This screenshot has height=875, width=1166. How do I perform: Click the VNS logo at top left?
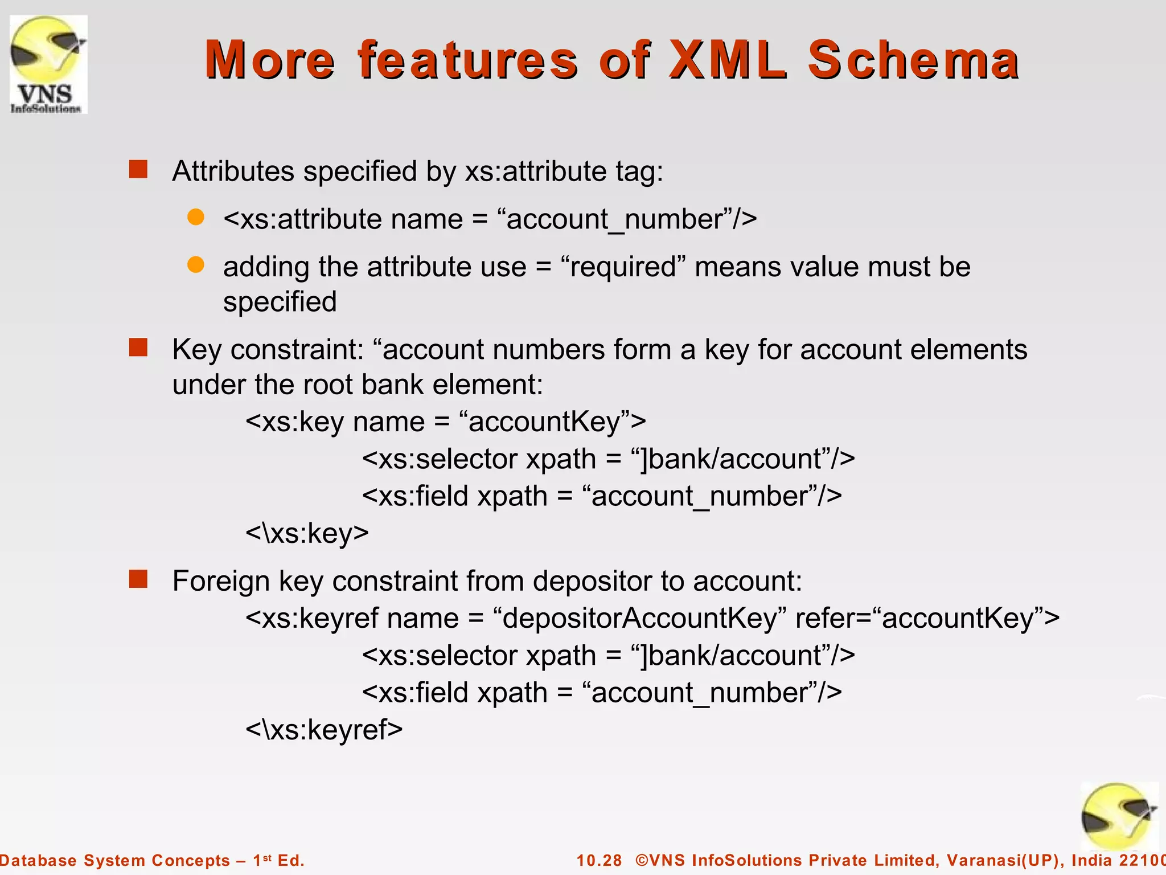tap(48, 64)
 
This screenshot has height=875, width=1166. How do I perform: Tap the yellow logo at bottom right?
tap(1119, 816)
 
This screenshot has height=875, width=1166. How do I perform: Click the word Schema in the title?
tap(913, 60)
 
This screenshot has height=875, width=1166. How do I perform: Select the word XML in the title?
tap(728, 60)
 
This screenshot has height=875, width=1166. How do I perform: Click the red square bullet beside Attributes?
tap(138, 170)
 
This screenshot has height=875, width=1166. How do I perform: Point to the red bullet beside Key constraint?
tap(138, 347)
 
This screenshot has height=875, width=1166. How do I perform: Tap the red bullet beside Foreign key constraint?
tap(138, 579)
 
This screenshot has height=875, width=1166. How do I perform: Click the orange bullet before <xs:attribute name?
tap(196, 217)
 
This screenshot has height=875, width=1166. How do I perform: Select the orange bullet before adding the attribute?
tap(196, 265)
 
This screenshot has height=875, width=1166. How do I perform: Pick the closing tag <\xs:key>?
tap(307, 533)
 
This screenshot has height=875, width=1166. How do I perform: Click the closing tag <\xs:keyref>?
tap(324, 730)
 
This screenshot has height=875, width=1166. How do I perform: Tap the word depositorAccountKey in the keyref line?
tap(641, 618)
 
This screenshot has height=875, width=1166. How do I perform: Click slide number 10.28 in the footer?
tap(599, 860)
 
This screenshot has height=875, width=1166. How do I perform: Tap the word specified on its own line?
tap(280, 302)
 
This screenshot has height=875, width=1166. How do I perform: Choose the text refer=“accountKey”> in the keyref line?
tap(927, 618)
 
